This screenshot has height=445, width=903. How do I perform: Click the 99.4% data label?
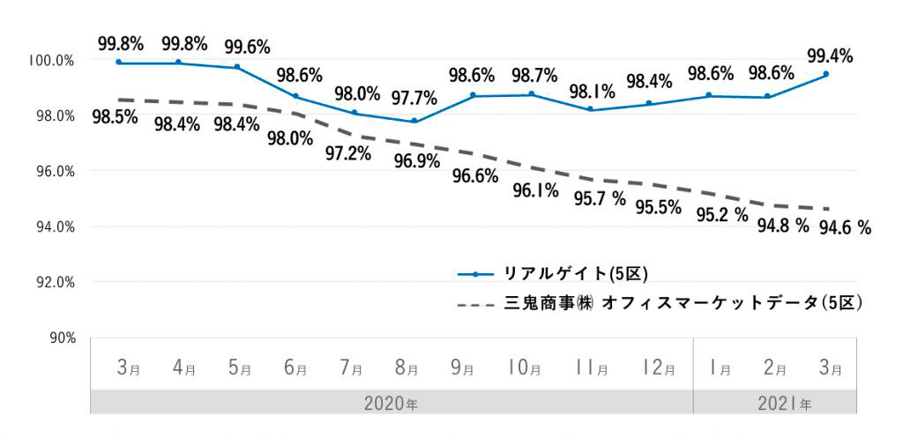(x=830, y=56)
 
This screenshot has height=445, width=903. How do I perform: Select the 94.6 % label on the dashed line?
(x=846, y=228)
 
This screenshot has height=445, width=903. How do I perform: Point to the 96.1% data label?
(x=534, y=190)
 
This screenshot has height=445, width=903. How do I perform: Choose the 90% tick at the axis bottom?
(x=61, y=337)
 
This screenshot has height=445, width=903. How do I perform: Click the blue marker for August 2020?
(x=414, y=121)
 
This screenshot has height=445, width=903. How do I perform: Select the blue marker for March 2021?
(x=825, y=75)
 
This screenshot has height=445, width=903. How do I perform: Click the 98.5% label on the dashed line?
(x=115, y=116)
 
